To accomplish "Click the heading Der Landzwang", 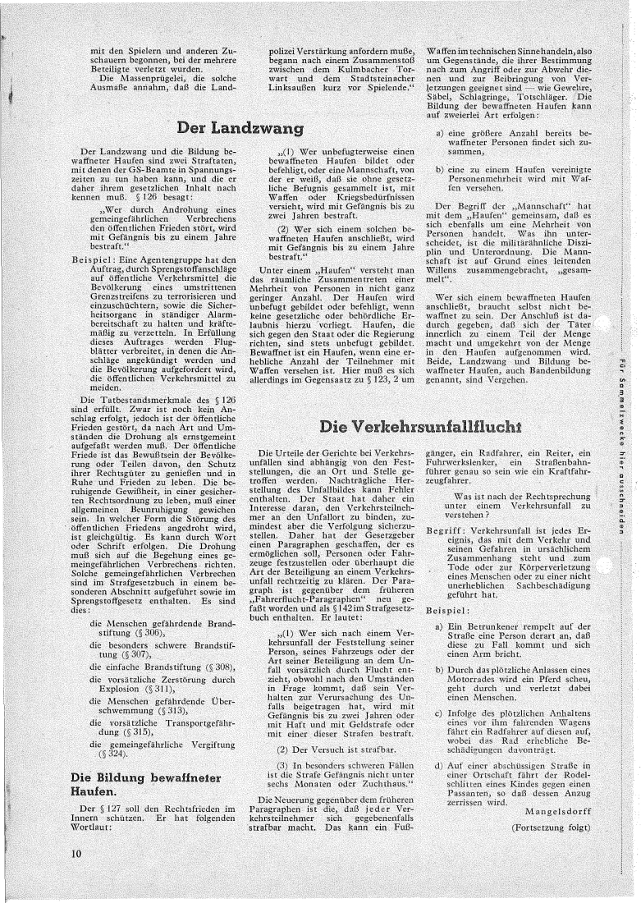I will click(247, 128).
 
